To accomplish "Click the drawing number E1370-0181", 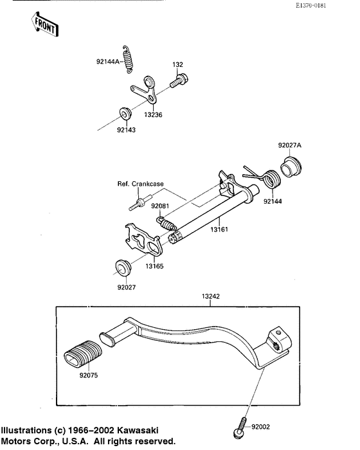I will (x=329, y=6).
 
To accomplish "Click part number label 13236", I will (x=154, y=114).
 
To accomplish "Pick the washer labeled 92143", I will (x=124, y=115).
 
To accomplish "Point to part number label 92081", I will (x=161, y=206).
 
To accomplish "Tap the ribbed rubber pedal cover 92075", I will (x=80, y=355).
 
